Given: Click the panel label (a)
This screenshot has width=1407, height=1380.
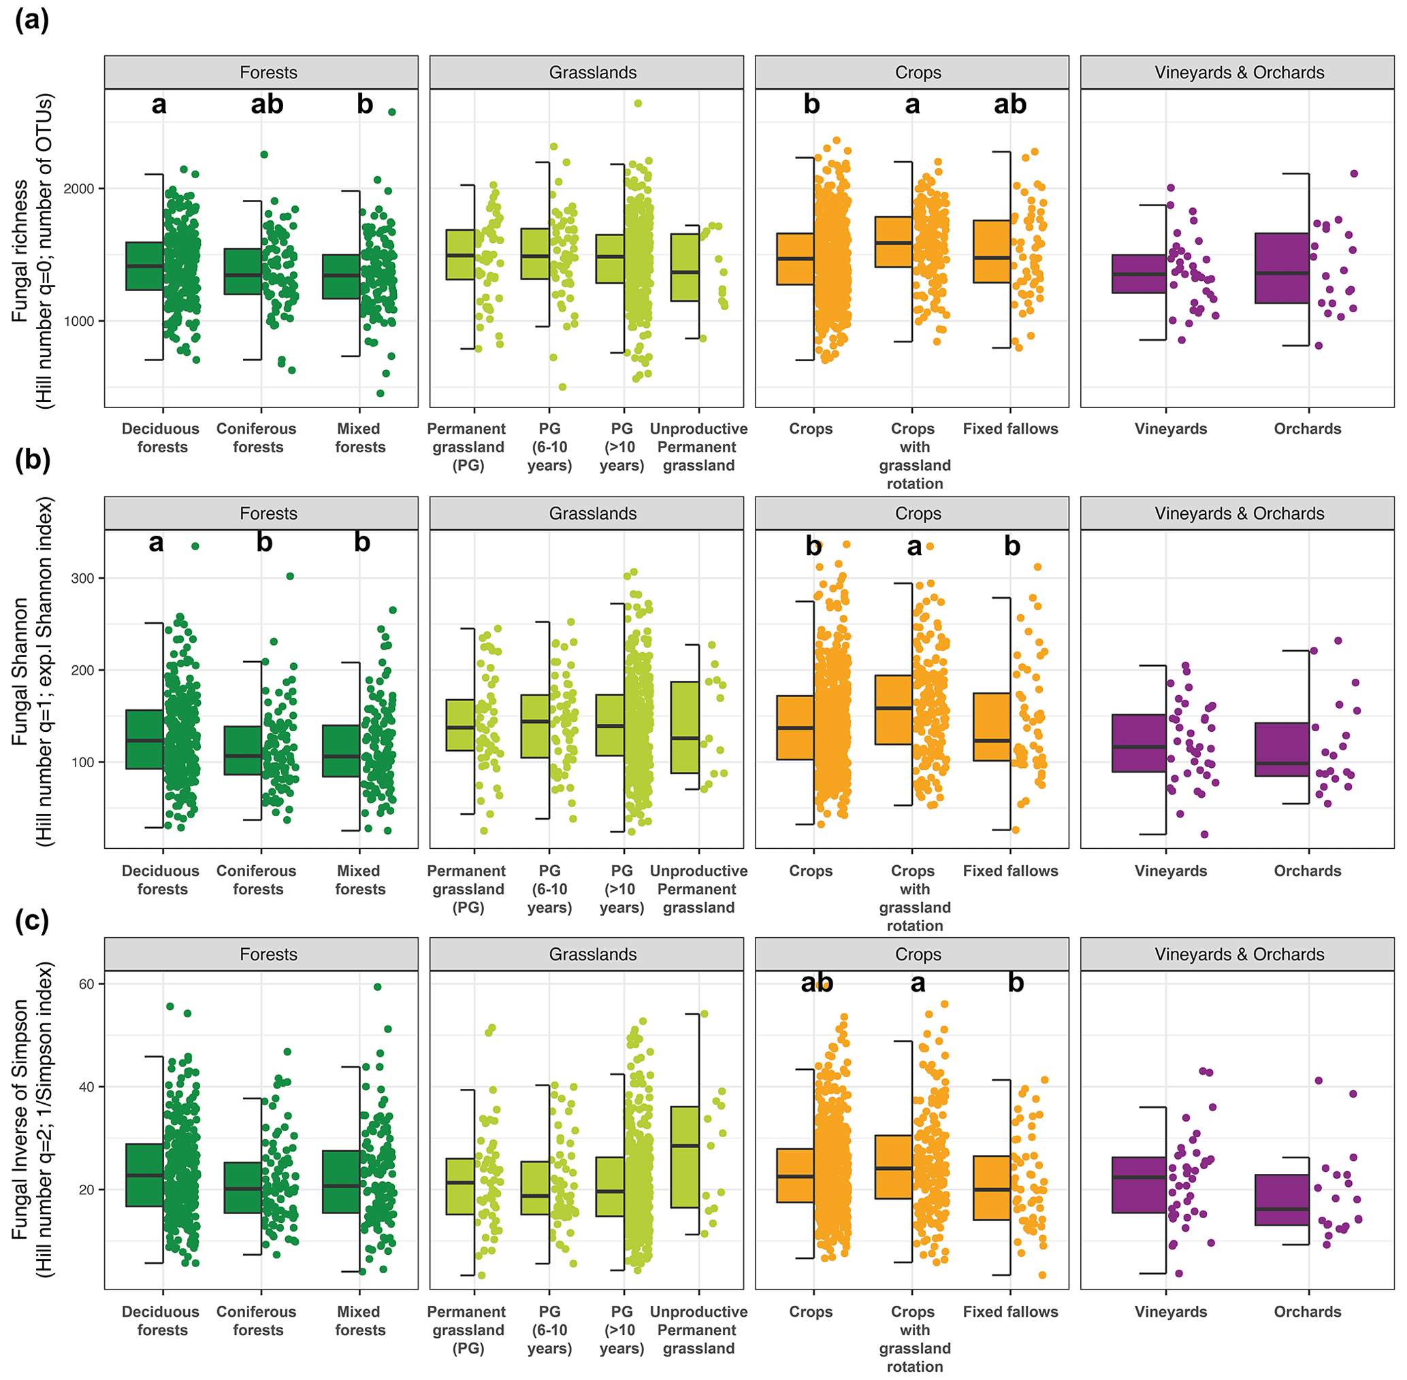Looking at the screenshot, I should tap(32, 20).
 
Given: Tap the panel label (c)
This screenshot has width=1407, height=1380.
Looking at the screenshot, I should tap(32, 921).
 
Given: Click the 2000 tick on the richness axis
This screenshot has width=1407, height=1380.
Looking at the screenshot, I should tap(80, 188).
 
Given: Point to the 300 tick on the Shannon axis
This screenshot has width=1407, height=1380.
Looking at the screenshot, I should tap(82, 578).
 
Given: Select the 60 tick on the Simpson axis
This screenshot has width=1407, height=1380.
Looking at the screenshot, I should tap(86, 983).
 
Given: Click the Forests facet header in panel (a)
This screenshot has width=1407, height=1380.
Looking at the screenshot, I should tap(268, 73).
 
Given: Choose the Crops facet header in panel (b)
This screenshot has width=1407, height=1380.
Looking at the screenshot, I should tap(918, 514).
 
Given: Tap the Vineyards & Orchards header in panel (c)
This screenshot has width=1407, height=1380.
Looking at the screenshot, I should tap(1239, 954).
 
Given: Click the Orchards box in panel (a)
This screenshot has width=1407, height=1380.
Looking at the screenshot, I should tap(1282, 268).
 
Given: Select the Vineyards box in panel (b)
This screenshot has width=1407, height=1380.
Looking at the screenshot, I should tap(1139, 743).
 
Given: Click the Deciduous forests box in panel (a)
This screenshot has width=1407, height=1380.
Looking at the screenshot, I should tap(144, 266).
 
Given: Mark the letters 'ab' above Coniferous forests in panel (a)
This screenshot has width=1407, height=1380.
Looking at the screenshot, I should tap(267, 105).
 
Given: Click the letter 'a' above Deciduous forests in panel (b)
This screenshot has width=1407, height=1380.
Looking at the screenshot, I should tap(156, 542).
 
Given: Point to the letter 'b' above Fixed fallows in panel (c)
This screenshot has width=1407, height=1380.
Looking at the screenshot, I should tap(1016, 982).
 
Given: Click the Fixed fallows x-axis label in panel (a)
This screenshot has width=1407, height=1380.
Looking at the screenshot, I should tap(1010, 429).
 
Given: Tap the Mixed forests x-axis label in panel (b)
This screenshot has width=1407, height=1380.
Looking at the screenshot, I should tap(359, 880).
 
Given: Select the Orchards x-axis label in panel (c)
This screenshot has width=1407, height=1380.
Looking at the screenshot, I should tap(1307, 1312).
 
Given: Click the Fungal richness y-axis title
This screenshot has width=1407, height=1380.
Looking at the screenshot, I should tap(20, 250).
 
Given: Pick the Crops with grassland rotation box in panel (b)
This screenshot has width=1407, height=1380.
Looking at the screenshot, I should tap(893, 709).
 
